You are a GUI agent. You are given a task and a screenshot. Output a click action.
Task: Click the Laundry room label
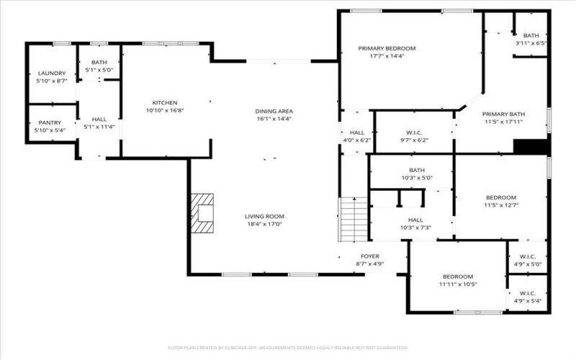[x=51, y=73]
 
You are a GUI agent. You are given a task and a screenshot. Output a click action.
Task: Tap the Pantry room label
[x=50, y=122]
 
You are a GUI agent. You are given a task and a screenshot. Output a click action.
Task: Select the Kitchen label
[x=165, y=103]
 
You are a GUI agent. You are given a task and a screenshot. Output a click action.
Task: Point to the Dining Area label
[x=274, y=111]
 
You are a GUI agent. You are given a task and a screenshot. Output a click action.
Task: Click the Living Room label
[x=264, y=216]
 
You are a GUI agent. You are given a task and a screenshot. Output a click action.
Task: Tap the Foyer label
[x=369, y=256]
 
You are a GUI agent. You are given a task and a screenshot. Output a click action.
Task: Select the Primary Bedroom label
[x=387, y=48]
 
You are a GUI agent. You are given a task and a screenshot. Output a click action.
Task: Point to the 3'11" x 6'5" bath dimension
[x=531, y=44]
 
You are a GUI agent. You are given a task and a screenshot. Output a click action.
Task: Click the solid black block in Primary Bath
[x=531, y=146]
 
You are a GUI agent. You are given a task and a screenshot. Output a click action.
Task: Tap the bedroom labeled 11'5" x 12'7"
[x=500, y=198]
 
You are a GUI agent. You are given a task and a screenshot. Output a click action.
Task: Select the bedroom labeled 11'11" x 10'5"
[x=457, y=277]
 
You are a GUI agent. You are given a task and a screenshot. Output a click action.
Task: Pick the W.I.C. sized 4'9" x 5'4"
[x=528, y=296]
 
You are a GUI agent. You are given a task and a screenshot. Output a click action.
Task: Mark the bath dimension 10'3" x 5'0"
[x=410, y=178]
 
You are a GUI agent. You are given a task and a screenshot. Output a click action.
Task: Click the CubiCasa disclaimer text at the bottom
[x=288, y=347]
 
